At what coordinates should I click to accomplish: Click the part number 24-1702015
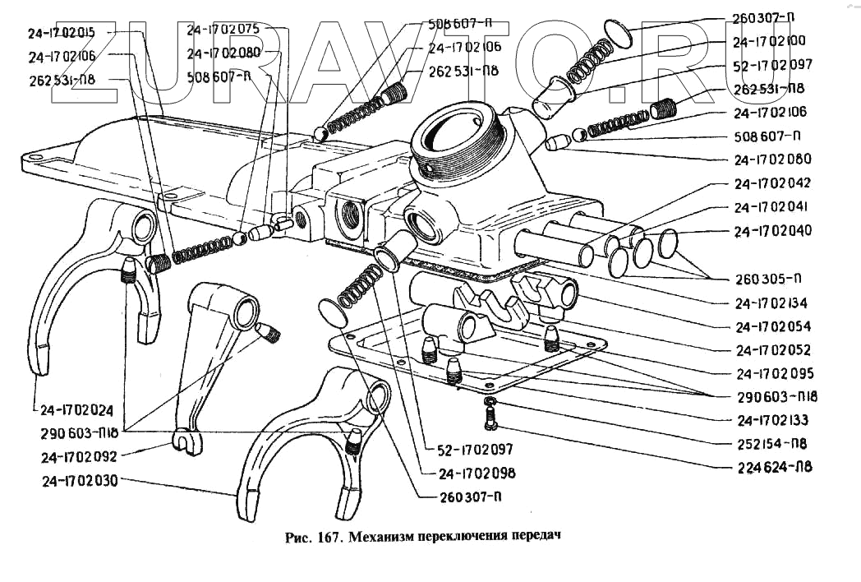61,34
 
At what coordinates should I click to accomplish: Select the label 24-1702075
223,29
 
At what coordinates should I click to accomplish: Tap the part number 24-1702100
769,39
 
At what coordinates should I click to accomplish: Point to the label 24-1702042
773,184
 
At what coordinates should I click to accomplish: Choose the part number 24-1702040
773,231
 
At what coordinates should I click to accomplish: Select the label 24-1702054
775,326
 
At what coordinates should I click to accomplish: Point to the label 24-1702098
477,473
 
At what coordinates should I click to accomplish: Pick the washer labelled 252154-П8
490,402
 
